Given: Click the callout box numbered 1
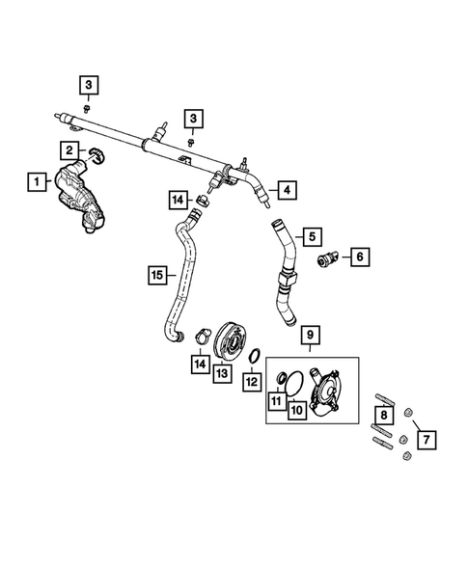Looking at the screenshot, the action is coord(37,181).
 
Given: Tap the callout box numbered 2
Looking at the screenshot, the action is coord(69,150).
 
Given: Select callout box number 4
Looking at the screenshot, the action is coord(288,190).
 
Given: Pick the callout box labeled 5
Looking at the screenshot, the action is coord(312,237).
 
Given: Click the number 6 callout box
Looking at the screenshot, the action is coord(360,257).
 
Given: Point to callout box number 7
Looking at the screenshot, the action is coord(427,440).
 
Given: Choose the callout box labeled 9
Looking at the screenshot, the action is coord(311,335).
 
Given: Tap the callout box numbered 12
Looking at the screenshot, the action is coord(252,382).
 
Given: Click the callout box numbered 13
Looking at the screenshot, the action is coord(222,373).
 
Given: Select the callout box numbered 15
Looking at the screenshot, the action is coord(157,275).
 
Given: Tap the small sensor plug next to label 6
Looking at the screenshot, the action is coord(327,257).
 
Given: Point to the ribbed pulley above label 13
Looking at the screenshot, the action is coord(229,340).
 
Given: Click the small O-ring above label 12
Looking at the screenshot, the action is coord(255,356).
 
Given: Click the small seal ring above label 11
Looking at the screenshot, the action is coord(282,378).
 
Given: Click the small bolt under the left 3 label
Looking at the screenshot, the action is coord(87,108).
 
